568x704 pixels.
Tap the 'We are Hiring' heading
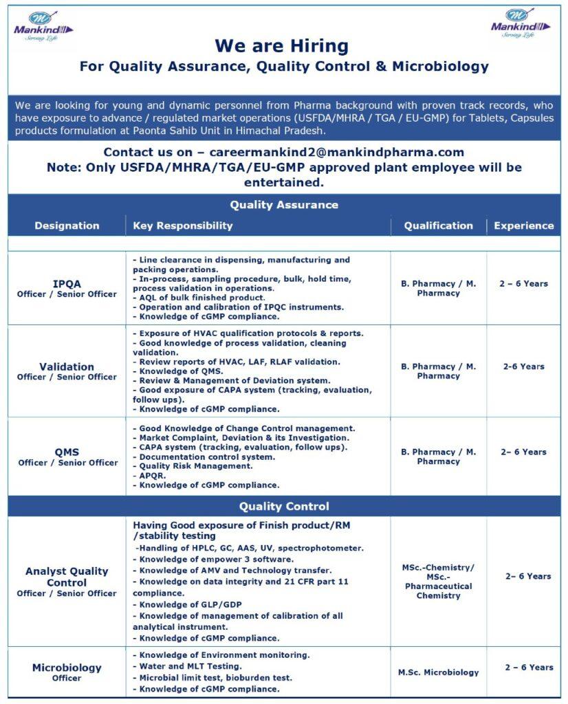pos(281,46)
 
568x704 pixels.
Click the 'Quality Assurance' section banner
pos(284,205)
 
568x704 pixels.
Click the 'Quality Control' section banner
pos(284,506)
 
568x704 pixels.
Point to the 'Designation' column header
pos(67,225)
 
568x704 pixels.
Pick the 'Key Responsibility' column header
pos(183,225)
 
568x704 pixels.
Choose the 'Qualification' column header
pos(438,225)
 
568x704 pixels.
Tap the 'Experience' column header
pos(523,225)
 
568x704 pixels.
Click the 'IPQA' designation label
pos(67,283)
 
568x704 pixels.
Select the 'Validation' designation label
pos(67,366)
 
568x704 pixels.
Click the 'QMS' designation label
pos(67,452)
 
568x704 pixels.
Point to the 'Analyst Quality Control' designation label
pos(67,577)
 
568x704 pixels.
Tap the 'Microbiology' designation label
pos(67,668)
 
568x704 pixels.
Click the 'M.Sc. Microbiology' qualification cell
pos(438,672)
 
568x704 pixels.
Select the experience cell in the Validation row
pos(523,366)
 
